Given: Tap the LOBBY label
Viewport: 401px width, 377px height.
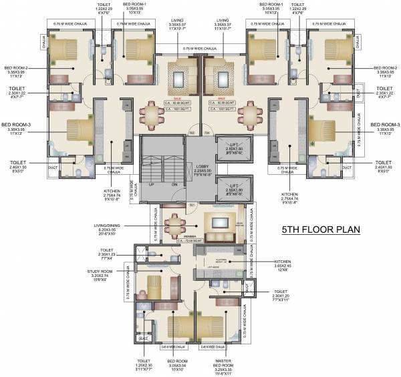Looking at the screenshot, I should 202,166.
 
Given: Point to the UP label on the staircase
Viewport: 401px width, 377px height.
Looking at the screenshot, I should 152,184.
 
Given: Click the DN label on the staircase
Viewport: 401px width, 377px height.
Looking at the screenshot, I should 174,184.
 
